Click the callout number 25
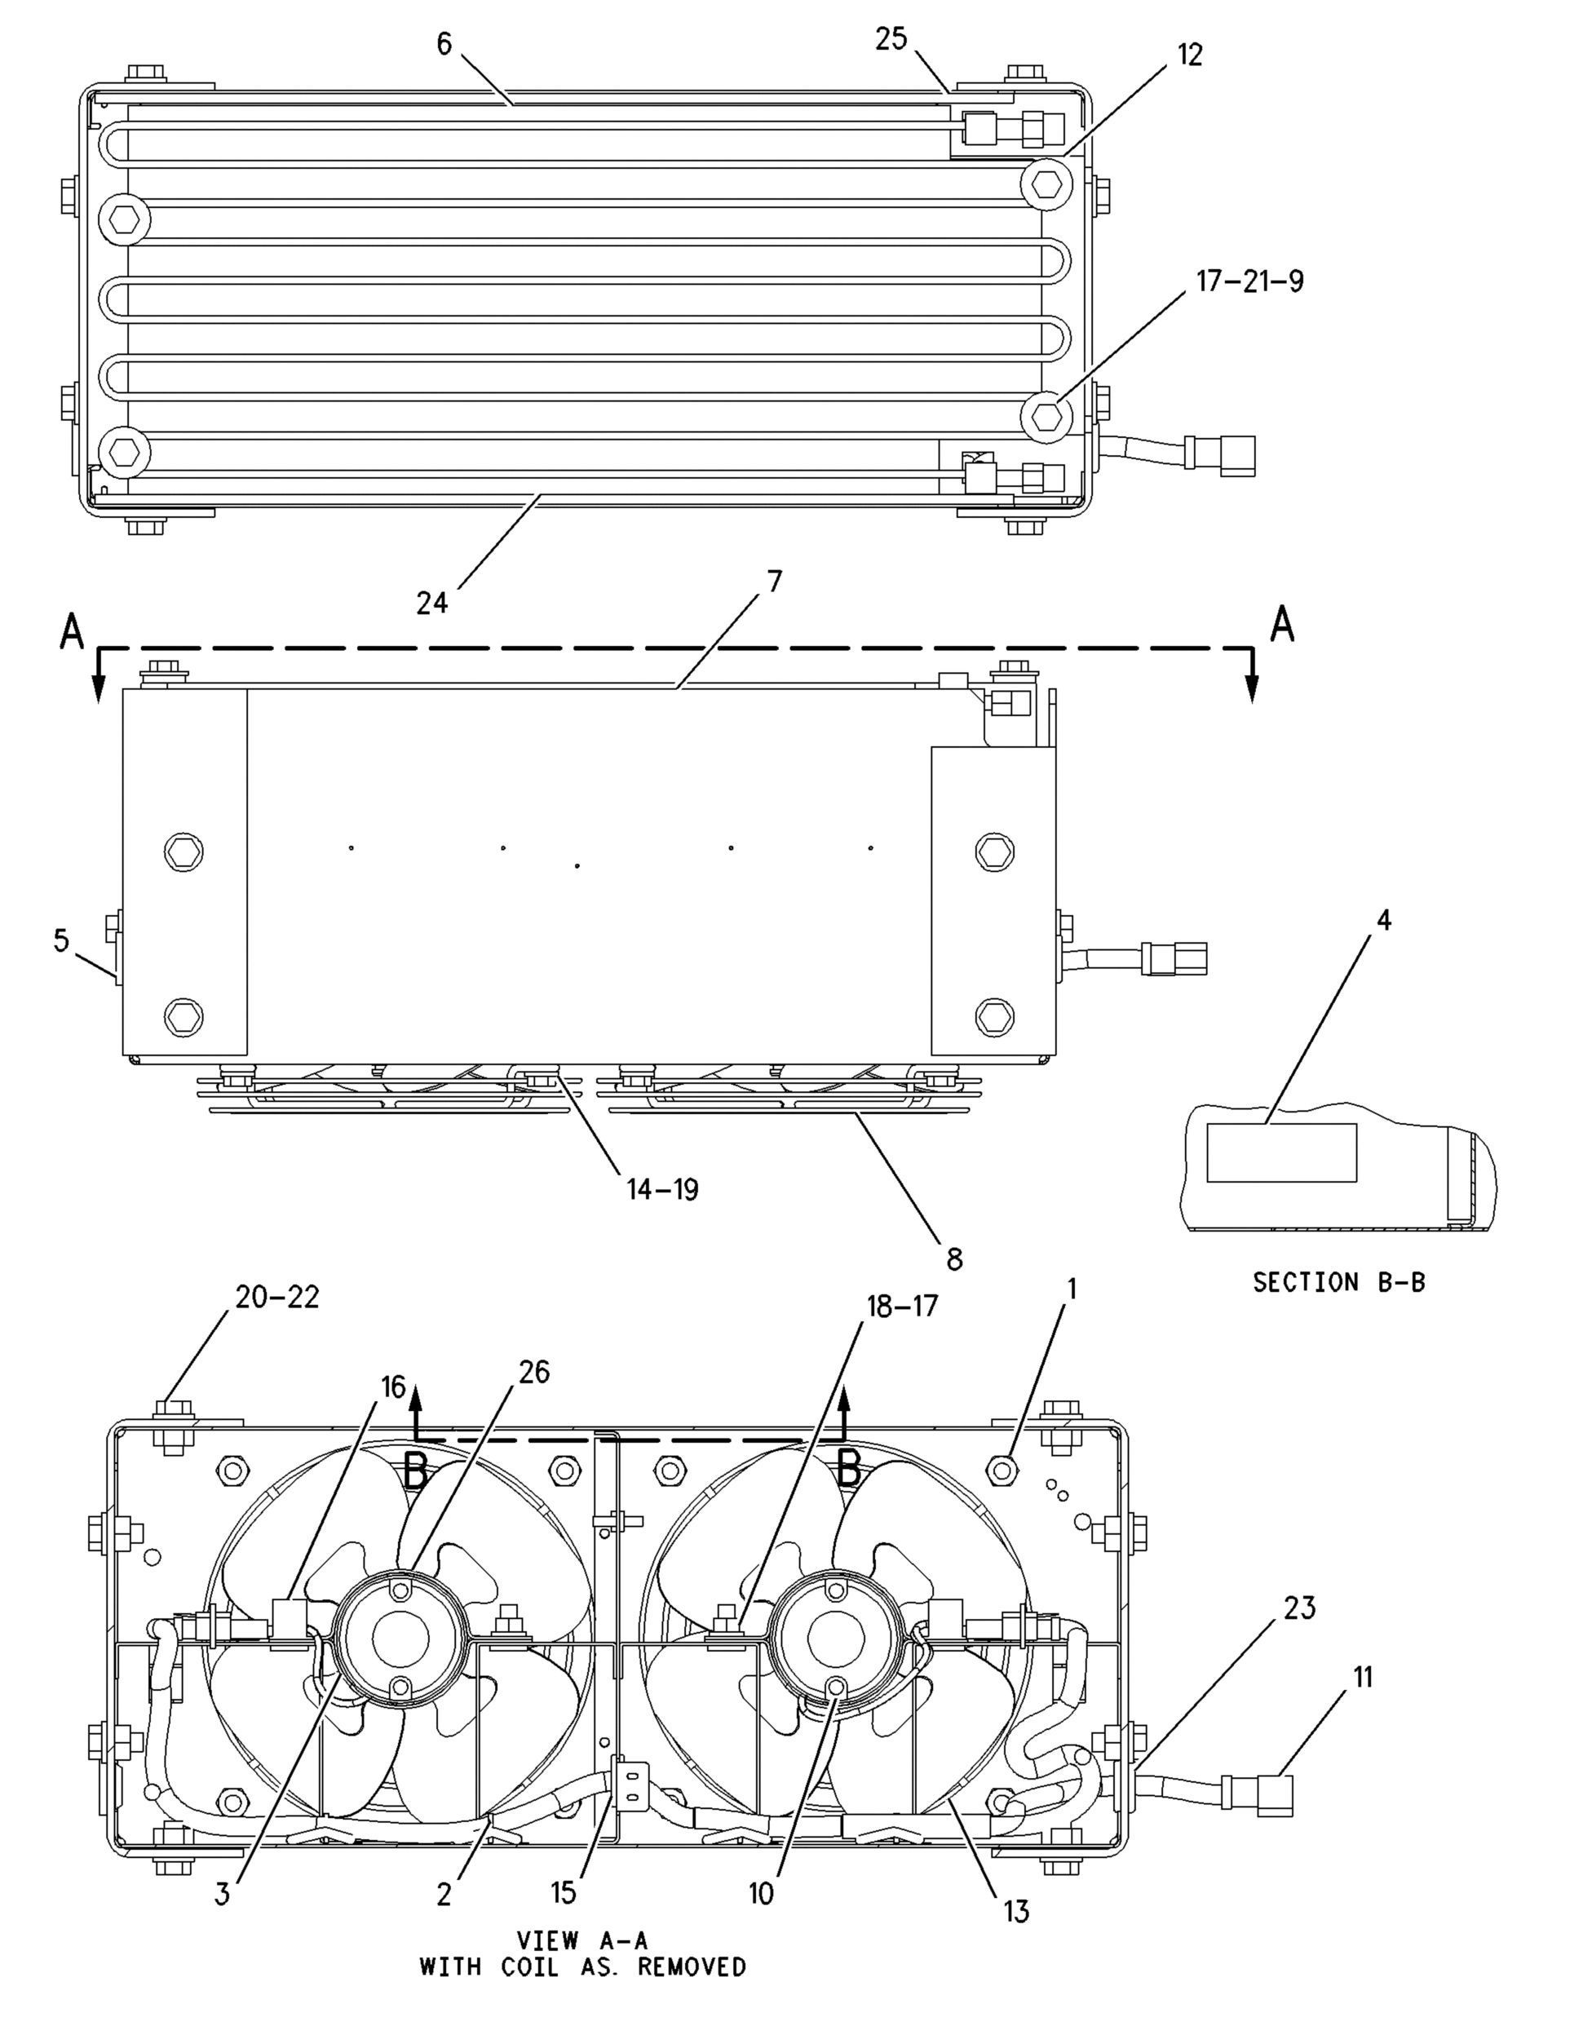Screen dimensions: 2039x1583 click(x=891, y=39)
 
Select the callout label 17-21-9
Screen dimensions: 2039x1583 click(x=1249, y=281)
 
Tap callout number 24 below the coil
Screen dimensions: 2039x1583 click(x=432, y=603)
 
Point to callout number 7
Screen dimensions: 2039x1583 click(x=775, y=582)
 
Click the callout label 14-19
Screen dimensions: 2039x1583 click(x=661, y=1189)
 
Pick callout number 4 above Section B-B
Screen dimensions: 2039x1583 click(x=1384, y=921)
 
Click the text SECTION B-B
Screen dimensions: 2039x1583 click(x=1338, y=1283)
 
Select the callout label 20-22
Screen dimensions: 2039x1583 click(x=276, y=1297)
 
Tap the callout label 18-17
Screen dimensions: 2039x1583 click(x=902, y=1306)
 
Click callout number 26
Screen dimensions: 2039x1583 click(x=534, y=1372)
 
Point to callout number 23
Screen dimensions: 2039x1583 click(x=1299, y=1608)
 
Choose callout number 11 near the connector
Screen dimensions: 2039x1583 click(x=1363, y=1677)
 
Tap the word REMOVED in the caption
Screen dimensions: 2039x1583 click(x=692, y=1967)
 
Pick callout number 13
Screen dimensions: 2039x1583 click(x=1015, y=1911)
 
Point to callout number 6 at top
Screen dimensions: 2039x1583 click(x=444, y=44)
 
